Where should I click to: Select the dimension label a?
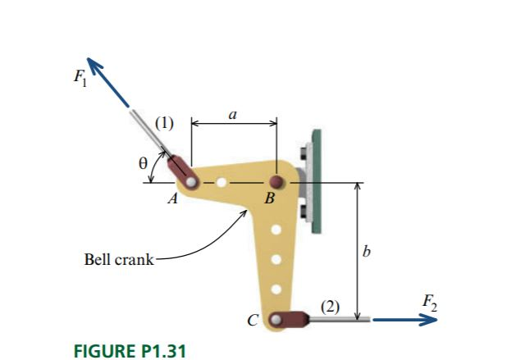click(233, 116)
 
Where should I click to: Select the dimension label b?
click(365, 251)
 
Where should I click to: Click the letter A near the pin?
click(173, 198)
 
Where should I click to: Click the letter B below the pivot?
click(268, 199)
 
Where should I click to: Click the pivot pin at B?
click(277, 181)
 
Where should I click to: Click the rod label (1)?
click(166, 124)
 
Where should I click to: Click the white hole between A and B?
click(222, 182)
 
